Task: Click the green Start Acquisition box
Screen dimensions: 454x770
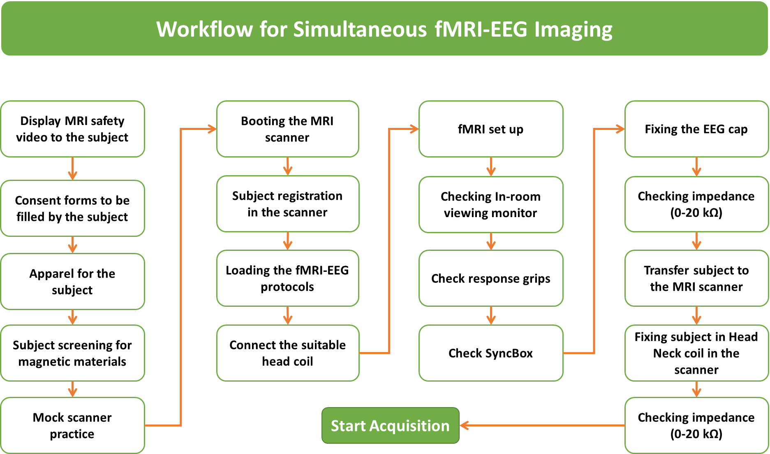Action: point(390,426)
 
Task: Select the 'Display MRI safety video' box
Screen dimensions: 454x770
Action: point(72,129)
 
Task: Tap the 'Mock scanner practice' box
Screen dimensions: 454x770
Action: point(72,426)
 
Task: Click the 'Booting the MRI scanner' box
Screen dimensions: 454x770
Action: point(287,129)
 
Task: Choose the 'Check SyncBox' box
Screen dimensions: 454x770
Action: point(490,353)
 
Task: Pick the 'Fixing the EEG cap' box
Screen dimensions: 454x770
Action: point(696,129)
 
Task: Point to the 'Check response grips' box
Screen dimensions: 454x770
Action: point(490,278)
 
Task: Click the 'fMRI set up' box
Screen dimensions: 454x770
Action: point(490,129)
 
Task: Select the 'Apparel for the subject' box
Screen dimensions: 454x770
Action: point(72,282)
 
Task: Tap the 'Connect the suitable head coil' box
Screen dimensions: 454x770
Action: point(287,353)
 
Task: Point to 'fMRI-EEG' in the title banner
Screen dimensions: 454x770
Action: point(481,30)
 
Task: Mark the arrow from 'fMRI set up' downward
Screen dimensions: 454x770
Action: point(491,167)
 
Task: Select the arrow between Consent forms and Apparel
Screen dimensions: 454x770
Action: point(72,245)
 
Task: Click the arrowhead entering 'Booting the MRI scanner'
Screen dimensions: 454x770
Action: point(212,129)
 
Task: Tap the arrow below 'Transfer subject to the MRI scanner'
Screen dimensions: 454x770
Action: point(696,316)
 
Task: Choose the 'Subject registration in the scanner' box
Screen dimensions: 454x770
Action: point(287,204)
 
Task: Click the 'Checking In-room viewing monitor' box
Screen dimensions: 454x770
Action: point(490,204)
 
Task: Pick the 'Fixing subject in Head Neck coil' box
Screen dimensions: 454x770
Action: point(696,353)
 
